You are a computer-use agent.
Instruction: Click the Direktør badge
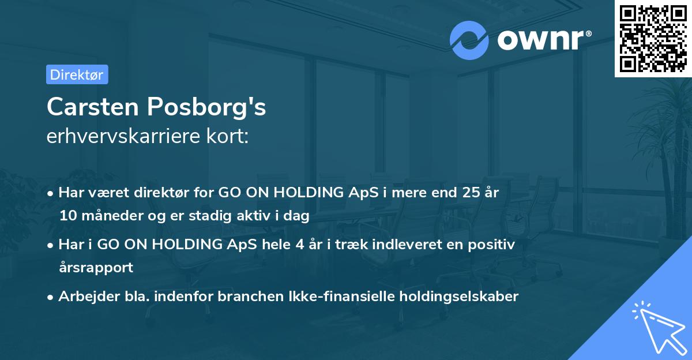(x=77, y=74)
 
